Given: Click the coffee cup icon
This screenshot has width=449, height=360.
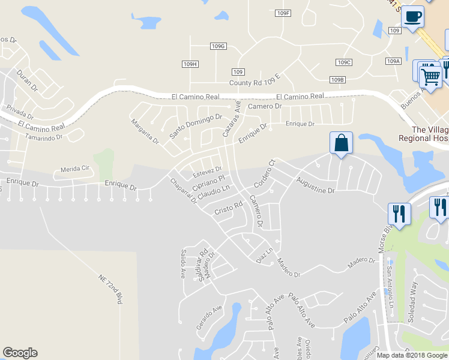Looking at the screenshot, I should click(412, 16).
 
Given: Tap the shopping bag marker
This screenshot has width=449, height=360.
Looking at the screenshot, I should click(340, 143).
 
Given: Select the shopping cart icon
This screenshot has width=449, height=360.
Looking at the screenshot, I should click(430, 76).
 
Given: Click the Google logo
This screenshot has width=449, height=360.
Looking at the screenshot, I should click(20, 353).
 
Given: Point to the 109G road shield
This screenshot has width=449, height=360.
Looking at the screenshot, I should click(218, 46).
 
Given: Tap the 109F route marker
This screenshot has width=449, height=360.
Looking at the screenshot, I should click(283, 13).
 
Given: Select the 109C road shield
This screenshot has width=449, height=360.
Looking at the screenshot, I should click(343, 62).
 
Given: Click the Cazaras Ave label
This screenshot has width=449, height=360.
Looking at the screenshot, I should click(231, 119).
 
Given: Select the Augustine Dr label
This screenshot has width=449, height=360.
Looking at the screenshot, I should click(314, 185).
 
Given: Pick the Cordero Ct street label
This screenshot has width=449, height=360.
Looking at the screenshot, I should click(264, 173).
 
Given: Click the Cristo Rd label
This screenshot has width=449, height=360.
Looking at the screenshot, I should click(228, 208).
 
